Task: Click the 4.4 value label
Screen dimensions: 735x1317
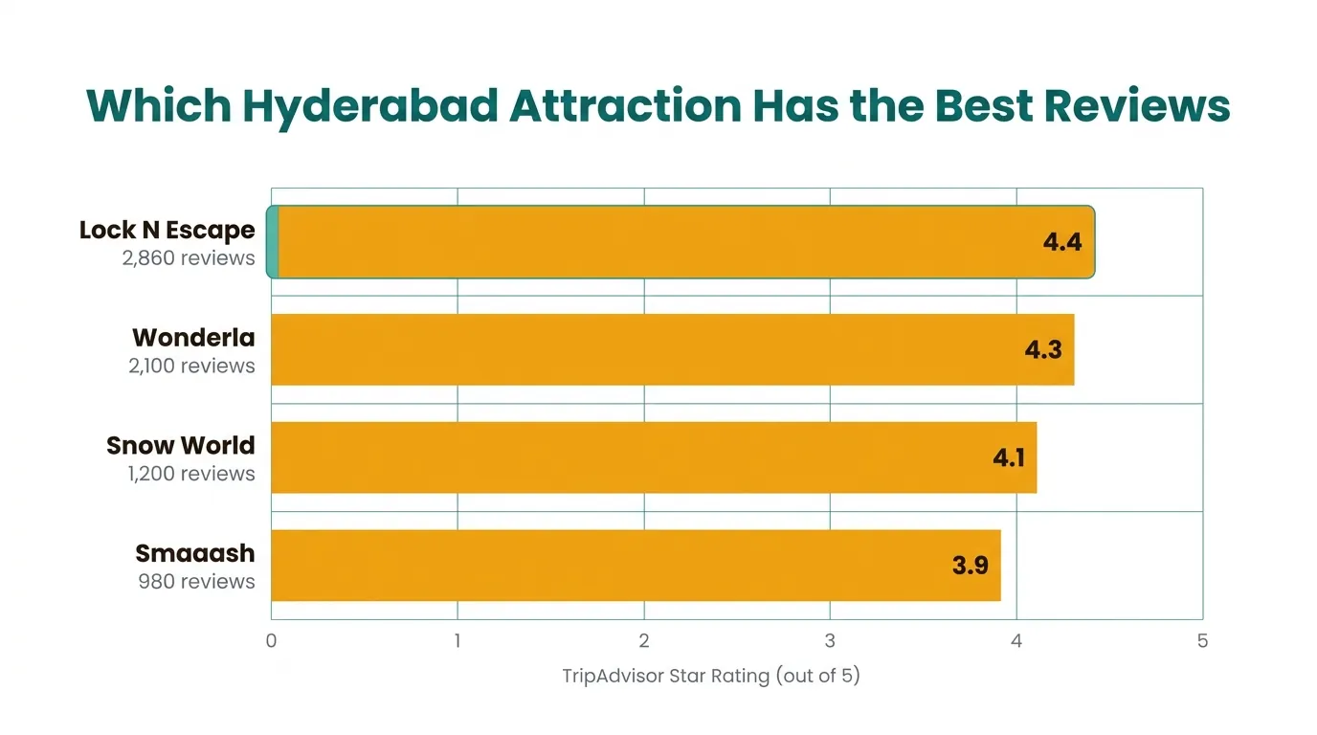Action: click(x=1062, y=242)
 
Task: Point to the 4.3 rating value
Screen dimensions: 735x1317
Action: click(x=1043, y=349)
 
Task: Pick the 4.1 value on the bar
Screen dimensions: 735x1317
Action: click(x=1009, y=457)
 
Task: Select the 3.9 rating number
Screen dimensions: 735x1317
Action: click(x=971, y=566)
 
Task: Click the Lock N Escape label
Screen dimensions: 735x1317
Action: click(x=167, y=230)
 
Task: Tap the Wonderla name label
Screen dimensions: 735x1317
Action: click(x=193, y=338)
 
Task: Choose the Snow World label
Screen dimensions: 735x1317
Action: click(x=181, y=446)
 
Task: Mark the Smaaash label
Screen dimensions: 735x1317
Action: click(x=195, y=553)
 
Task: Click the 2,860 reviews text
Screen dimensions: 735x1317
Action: click(x=189, y=258)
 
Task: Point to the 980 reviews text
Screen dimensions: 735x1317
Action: click(x=197, y=582)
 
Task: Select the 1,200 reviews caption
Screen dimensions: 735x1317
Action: click(x=191, y=474)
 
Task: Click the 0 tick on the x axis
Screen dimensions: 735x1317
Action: click(x=272, y=641)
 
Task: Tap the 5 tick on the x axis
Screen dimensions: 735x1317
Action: click(x=1203, y=641)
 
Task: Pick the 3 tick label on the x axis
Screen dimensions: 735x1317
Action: click(x=830, y=641)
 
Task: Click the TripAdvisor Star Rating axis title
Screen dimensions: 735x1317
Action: click(x=711, y=676)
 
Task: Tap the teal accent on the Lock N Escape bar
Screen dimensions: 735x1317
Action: click(x=273, y=242)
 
